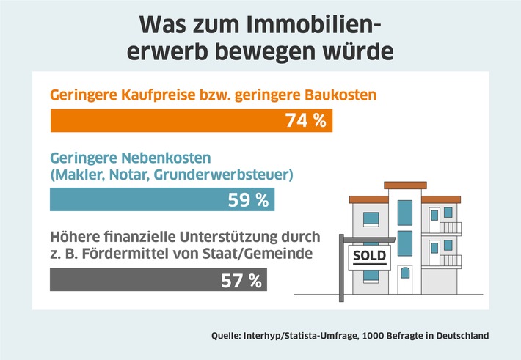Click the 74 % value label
[x=305, y=120]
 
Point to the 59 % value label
[x=247, y=199]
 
